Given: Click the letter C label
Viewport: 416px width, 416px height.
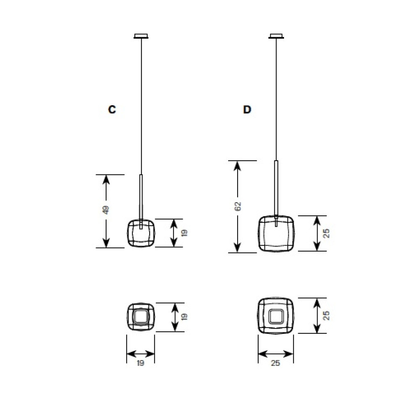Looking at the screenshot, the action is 112,109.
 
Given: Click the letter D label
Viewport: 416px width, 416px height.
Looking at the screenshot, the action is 247,109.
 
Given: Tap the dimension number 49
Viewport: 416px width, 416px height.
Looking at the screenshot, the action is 106,210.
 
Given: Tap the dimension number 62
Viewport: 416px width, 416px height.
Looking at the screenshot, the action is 238,206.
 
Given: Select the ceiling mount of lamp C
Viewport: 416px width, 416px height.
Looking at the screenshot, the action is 141,36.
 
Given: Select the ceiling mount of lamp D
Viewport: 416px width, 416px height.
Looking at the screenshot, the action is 276,36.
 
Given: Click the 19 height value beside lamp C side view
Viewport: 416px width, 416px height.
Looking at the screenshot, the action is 184,233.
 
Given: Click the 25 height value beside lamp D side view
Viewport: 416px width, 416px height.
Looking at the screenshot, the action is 327,233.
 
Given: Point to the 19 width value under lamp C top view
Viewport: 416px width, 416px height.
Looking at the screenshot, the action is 141,362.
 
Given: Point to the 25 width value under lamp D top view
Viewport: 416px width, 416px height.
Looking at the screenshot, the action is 275,362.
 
